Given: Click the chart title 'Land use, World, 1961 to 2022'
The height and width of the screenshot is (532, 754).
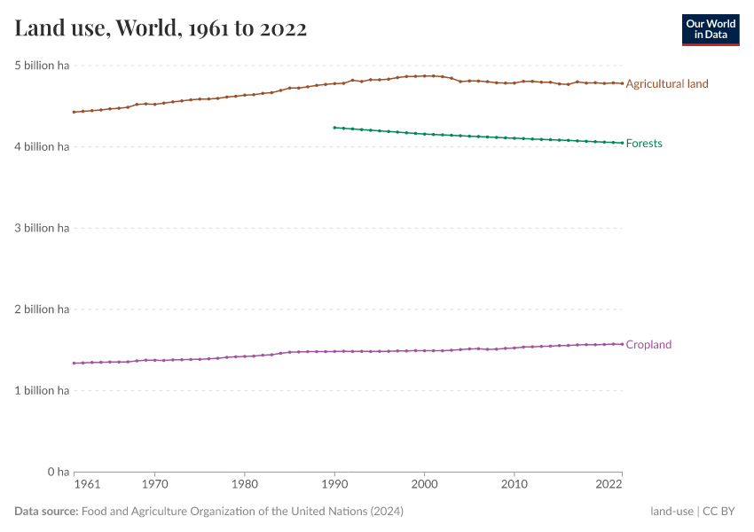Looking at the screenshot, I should click(x=161, y=28).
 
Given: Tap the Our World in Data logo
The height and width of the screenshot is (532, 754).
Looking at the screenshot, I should click(x=710, y=29).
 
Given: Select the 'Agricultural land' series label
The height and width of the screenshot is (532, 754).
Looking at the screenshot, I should click(x=667, y=84).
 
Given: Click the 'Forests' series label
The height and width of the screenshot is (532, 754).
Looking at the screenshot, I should click(x=644, y=144).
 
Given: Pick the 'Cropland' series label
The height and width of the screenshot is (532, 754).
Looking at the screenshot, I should click(x=648, y=345).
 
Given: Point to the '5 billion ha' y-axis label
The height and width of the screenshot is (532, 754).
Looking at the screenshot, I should click(x=42, y=66).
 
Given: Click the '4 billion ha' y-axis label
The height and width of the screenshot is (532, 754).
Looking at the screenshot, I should click(x=42, y=147).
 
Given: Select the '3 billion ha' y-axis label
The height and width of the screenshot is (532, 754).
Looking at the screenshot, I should click(x=42, y=228).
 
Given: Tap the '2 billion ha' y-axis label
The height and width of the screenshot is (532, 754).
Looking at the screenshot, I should click(x=42, y=309).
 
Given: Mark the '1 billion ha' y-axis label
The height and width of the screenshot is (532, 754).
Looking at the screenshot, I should click(x=42, y=391).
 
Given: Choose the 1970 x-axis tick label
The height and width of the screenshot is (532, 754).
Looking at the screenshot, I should click(x=154, y=486).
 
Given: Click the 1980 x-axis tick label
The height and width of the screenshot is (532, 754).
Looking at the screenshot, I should click(x=245, y=486).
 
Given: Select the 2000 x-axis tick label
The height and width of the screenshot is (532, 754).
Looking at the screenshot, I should click(x=424, y=486).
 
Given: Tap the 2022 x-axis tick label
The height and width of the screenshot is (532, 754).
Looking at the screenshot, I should click(x=609, y=486).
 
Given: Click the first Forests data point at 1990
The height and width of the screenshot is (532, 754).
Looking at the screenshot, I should click(x=334, y=128).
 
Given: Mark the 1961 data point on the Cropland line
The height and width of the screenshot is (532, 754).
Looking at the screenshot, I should click(x=74, y=363).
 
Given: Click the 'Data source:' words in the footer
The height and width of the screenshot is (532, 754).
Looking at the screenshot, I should click(x=46, y=512).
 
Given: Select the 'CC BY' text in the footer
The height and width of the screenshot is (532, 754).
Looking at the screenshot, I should click(x=721, y=512).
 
